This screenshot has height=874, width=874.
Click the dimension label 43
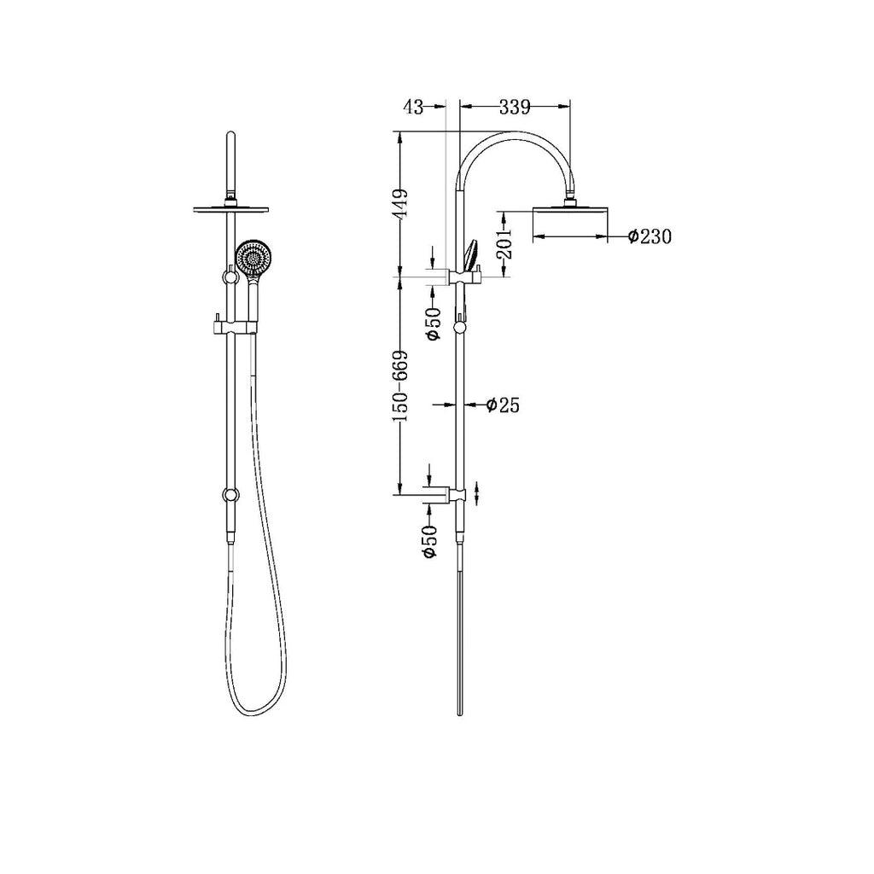pyautogui.click(x=413, y=107)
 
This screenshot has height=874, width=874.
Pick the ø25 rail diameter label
pyautogui.click(x=503, y=405)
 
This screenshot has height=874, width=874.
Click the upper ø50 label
pyautogui.click(x=433, y=323)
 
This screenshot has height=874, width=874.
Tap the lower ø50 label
pyautogui.click(x=430, y=541)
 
